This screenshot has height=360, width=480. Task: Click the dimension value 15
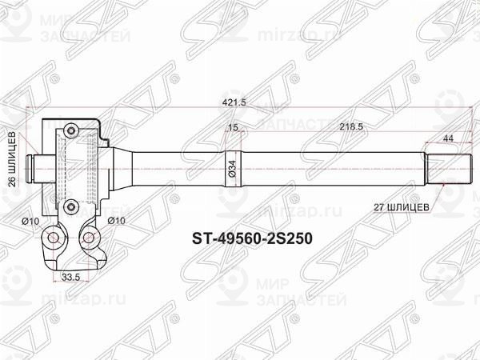tap(234, 127)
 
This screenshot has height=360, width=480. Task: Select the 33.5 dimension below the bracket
tap(71, 278)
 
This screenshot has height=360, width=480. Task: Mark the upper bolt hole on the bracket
tap(70, 130)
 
